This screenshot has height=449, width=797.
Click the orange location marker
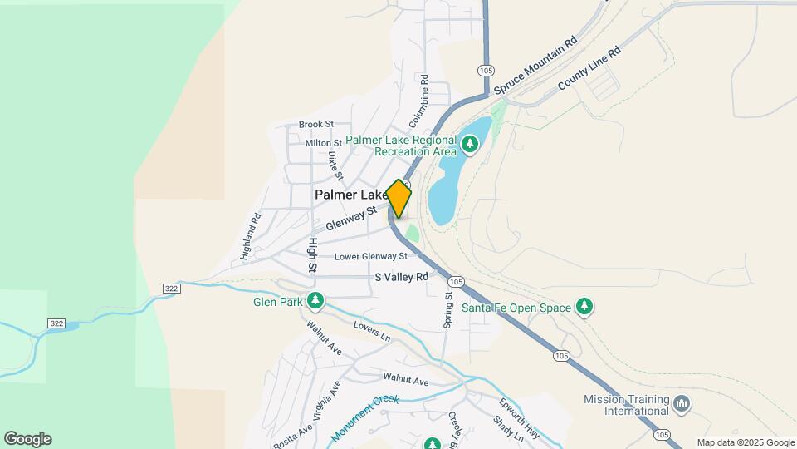[399, 199]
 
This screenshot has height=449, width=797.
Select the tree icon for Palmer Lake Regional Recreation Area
[471, 146]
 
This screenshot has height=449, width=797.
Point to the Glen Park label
[278, 302]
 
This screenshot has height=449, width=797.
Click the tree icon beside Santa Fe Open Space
[585, 308]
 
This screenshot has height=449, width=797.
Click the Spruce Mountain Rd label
[535, 65]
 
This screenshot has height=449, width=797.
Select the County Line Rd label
[589, 68]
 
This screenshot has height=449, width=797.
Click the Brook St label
[315, 124]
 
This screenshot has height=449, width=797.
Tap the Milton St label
[324, 143]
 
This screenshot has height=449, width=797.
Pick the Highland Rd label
[251, 237]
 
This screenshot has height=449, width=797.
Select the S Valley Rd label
[402, 277]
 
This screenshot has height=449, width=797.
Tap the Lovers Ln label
[371, 331]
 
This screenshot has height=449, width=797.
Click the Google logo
[27, 439]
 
